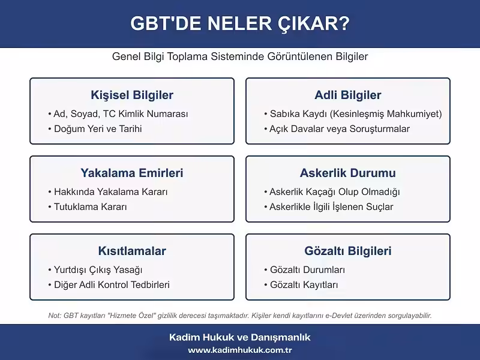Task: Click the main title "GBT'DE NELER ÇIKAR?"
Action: coord(240,24)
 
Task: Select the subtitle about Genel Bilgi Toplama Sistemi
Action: coord(240,56)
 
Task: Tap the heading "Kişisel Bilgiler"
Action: coord(132,95)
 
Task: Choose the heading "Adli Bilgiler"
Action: coord(348,95)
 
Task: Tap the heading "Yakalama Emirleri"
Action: coord(132,173)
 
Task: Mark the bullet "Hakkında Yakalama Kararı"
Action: coord(110,192)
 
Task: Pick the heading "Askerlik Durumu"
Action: coord(348,173)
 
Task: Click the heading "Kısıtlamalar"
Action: coord(132,251)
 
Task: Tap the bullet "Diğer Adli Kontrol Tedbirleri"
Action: coord(112,285)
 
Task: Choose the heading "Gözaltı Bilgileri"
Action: coord(348,251)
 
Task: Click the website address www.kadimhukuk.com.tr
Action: coord(240,350)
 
